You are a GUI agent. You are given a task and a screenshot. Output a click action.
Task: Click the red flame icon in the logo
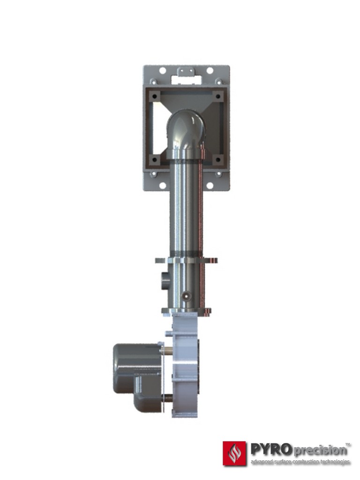pos(234,452)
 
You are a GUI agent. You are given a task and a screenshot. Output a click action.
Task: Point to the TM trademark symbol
pos(348,443)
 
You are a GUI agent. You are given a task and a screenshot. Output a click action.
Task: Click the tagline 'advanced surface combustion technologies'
pos(300,462)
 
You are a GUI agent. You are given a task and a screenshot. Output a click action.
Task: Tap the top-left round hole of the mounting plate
pos(163,71)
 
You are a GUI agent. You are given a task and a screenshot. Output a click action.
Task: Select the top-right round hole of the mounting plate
pos(210,71)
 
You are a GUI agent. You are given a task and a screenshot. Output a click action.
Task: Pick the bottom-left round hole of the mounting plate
pos(163,186)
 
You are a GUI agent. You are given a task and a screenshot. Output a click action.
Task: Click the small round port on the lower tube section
pos(187,296)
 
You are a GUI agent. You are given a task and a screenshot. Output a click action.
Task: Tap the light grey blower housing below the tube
pos(186,366)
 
